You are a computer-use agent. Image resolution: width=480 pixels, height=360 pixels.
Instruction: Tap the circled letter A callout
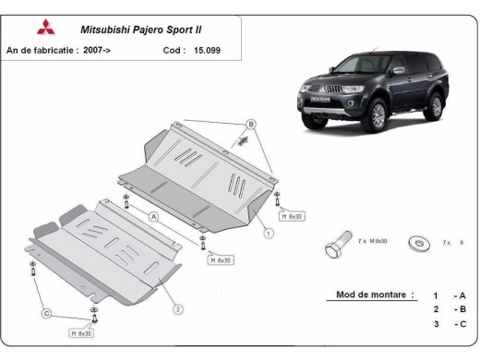[x=154, y=215]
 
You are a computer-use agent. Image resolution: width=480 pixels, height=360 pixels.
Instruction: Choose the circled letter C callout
[x=44, y=315]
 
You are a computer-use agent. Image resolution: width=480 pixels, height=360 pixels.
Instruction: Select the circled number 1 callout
[x=268, y=234]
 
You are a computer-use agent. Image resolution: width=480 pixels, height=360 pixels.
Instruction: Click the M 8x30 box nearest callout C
[x=82, y=331]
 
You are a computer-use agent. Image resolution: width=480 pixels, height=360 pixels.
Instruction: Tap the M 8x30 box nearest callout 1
[x=293, y=217]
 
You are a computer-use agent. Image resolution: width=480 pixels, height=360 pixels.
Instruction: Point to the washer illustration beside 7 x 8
[x=418, y=243]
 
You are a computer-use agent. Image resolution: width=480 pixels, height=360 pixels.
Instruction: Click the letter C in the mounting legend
[x=459, y=324]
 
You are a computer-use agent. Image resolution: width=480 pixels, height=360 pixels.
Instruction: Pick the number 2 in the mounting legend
[x=434, y=309]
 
